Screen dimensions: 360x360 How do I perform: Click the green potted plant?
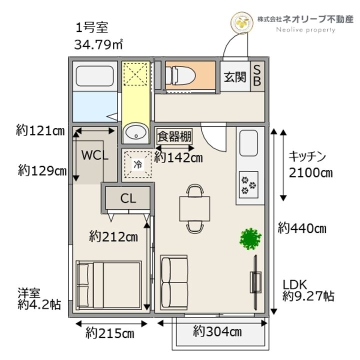click(250, 238)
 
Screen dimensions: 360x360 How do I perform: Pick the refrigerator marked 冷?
click(136, 163)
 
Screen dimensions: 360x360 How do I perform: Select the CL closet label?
click(128, 198)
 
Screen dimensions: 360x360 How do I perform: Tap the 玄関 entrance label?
click(234, 77)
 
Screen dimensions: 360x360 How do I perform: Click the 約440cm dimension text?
click(302, 229)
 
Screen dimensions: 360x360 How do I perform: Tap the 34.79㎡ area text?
click(98, 43)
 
